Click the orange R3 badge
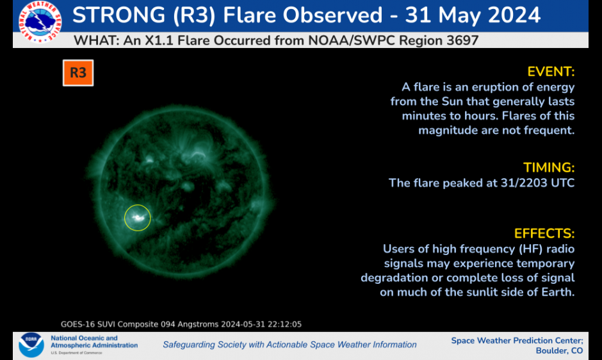click(78, 72)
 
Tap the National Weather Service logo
click(40, 21)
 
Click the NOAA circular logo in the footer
click(31, 345)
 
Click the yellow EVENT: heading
click(551, 72)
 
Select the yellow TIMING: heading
click(549, 168)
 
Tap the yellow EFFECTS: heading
click(544, 234)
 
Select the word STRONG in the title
click(119, 15)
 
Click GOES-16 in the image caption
click(77, 324)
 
